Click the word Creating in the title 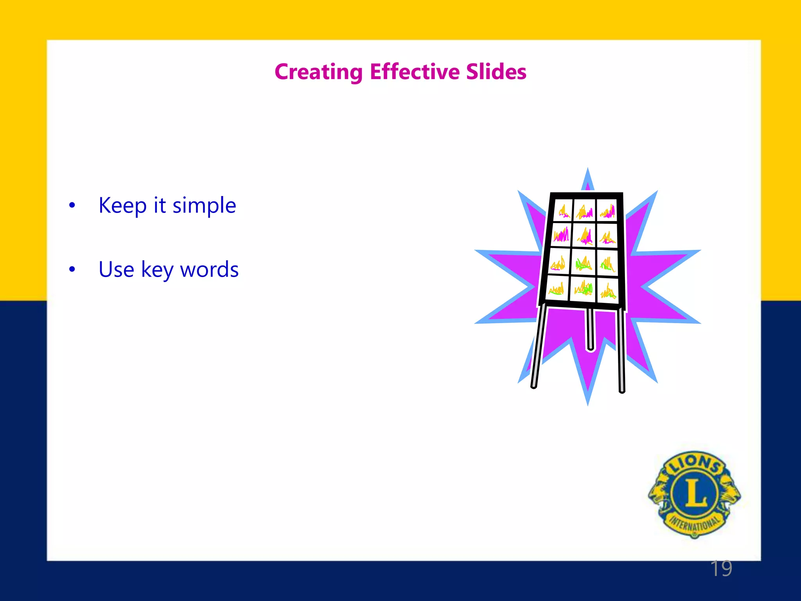point(318,72)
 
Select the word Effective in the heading point(415,72)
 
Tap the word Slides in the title point(496,72)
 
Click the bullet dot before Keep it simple point(72,205)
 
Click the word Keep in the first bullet point(122,205)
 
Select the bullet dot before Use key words point(72,270)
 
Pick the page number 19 point(721,569)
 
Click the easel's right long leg point(621,350)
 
